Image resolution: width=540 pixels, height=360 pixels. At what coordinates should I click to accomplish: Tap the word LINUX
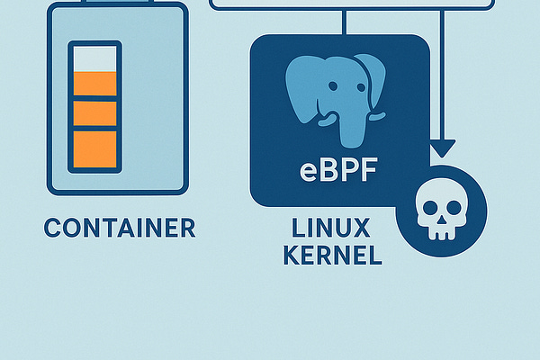(x=333, y=228)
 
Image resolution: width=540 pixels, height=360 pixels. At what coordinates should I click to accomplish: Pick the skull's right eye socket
(x=450, y=211)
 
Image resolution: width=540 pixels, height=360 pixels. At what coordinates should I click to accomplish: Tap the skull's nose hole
(x=440, y=221)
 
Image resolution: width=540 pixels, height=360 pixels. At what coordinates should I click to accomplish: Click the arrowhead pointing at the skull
(x=441, y=148)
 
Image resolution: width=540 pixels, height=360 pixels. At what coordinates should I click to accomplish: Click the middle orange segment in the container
(x=94, y=113)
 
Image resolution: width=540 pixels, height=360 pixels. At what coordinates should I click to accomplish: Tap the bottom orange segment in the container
(x=94, y=146)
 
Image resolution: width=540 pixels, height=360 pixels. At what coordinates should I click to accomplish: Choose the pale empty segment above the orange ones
(x=94, y=58)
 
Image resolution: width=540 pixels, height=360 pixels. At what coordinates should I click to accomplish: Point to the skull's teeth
(x=440, y=233)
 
